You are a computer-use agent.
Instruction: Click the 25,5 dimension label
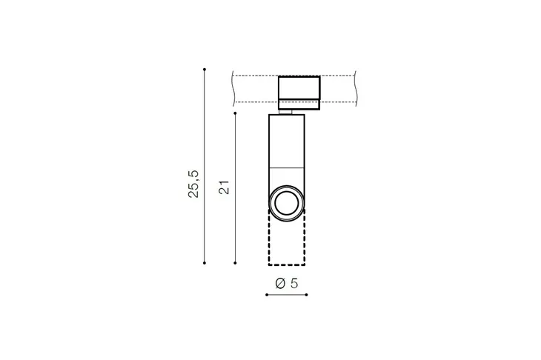point(194,184)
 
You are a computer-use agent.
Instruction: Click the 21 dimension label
point(225,187)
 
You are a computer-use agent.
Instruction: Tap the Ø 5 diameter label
point(286,284)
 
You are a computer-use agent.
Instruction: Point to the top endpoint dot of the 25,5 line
point(205,70)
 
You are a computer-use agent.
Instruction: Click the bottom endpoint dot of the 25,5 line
point(205,263)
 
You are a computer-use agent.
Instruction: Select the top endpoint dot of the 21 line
point(236,113)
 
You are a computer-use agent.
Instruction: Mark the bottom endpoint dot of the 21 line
point(236,263)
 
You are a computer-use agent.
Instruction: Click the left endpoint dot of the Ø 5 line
point(267,295)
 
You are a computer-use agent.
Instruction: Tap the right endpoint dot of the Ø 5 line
point(307,295)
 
